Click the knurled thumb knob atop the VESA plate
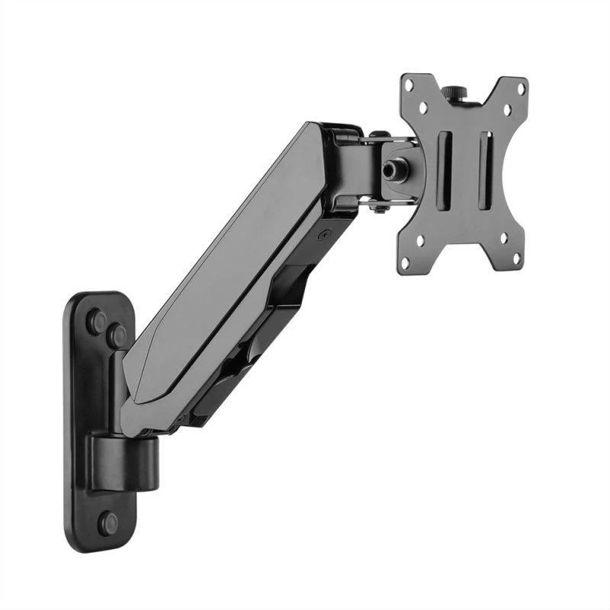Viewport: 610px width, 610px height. pos(461,91)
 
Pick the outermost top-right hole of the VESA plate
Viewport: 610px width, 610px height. pos(521,88)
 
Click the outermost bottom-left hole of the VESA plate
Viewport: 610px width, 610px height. pos(405,261)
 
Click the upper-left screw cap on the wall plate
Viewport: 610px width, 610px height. pos(98,320)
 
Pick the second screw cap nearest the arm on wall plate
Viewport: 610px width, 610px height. pos(117,333)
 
